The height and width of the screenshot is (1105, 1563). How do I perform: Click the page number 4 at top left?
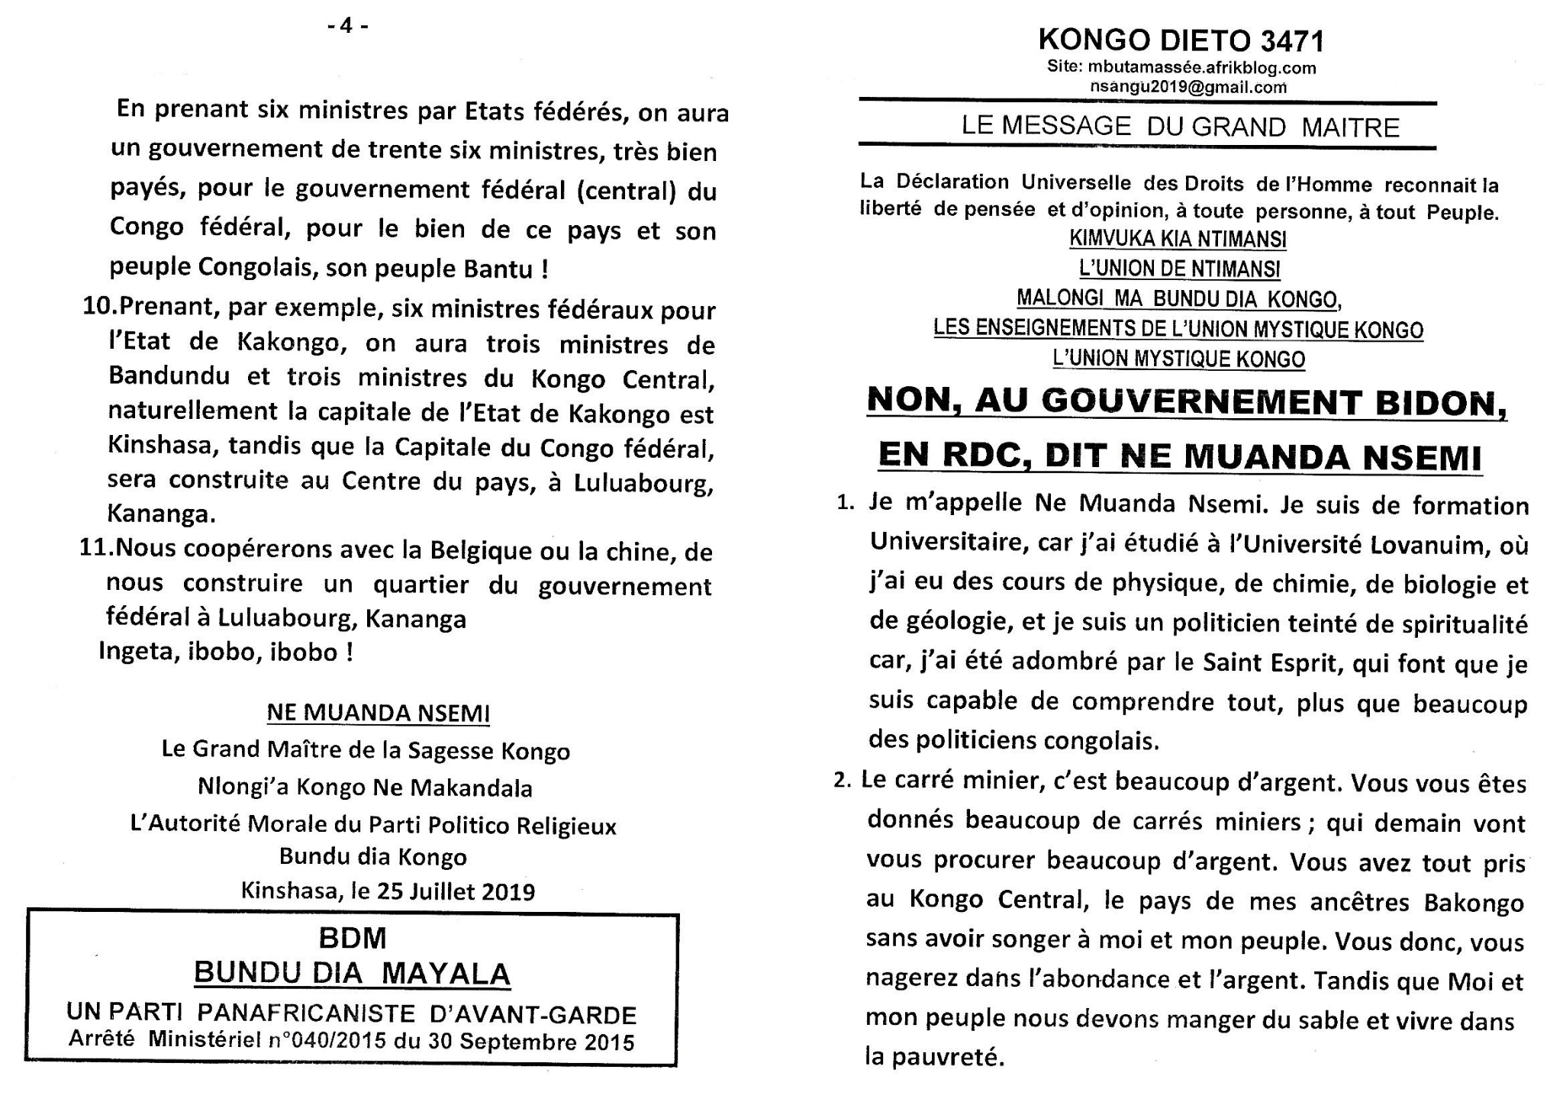pyautogui.click(x=347, y=26)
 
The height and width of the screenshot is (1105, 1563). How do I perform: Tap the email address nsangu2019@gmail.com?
pyautogui.click(x=1188, y=87)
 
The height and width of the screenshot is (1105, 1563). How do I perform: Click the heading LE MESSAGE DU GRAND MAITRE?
pyautogui.click(x=1180, y=127)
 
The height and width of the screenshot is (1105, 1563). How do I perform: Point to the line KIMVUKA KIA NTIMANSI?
pyautogui.click(x=1178, y=240)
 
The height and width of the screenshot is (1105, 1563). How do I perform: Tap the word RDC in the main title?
pyautogui.click(x=988, y=456)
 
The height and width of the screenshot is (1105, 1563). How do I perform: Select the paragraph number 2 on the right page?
pyautogui.click(x=842, y=782)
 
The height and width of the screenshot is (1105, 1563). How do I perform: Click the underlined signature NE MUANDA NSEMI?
pyautogui.click(x=378, y=714)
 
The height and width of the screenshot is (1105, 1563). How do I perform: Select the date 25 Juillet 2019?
pyautogui.click(x=456, y=892)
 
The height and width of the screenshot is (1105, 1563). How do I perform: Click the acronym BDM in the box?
pyautogui.click(x=353, y=939)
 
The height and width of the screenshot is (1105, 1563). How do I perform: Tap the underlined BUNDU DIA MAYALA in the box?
pyautogui.click(x=352, y=975)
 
